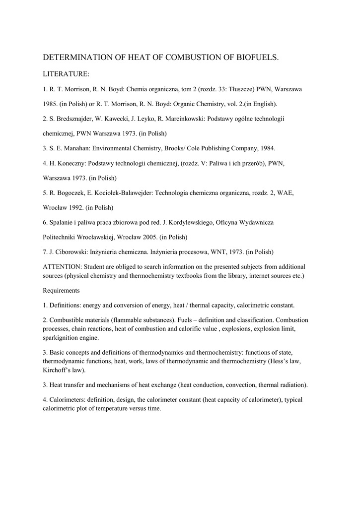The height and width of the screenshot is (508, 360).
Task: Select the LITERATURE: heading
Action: click(66, 74)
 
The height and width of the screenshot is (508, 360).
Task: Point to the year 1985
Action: click(51, 104)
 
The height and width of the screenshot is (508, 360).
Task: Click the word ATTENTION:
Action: click(62, 266)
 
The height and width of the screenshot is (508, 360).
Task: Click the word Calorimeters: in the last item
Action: click(69, 399)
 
